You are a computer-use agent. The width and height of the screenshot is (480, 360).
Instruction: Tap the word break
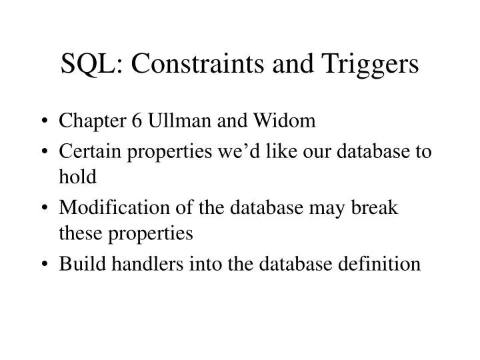coord(375,207)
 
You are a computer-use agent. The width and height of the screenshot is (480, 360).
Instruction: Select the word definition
coord(385,263)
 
